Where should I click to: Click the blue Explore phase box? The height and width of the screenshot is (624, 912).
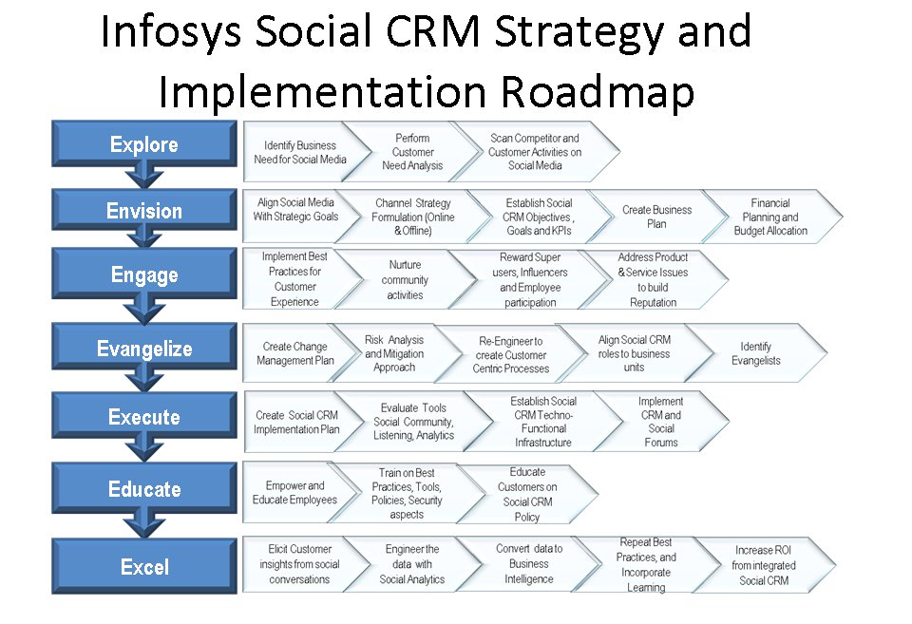144,143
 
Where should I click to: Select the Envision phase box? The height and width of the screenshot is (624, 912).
144,210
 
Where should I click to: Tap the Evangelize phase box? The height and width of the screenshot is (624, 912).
144,348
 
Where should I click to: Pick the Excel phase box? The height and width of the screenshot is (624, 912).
144,566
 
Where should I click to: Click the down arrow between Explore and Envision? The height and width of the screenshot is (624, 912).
144,177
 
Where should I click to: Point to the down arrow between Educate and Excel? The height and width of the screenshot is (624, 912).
144,526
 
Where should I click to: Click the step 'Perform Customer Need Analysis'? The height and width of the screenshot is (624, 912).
412,152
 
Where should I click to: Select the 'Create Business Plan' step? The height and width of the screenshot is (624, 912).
656,217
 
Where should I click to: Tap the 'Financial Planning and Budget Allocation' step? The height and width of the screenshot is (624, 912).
770,217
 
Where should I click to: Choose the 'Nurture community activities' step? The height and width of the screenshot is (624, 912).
405,280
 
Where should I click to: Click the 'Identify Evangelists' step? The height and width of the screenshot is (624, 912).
755,353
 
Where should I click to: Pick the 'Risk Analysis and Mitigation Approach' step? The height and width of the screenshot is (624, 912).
394,353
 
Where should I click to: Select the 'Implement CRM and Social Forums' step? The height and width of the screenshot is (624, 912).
661,422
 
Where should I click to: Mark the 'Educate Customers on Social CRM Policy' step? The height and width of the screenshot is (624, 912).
527,494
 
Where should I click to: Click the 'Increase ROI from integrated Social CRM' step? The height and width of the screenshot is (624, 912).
764,565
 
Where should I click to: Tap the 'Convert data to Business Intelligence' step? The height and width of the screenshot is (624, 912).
529,563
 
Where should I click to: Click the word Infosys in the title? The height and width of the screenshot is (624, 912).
171,32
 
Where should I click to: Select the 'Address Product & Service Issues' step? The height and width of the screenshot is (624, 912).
653,280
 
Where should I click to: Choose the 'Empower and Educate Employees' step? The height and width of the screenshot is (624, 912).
294,493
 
